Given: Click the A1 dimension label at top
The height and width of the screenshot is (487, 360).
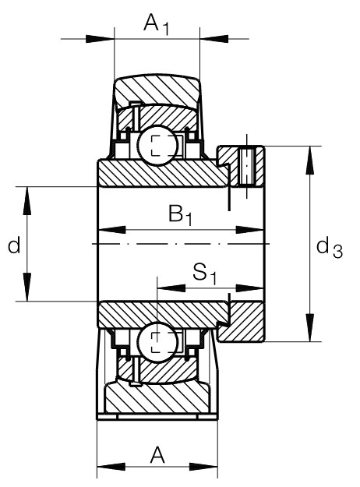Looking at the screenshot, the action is (157, 24).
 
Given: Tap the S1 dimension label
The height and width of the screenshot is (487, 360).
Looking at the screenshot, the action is (204, 273).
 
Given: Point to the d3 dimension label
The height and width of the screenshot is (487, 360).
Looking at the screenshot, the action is (330, 249).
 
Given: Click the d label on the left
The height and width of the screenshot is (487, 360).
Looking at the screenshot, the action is (14, 245).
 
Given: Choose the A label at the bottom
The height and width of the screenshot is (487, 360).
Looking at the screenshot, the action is (157, 455).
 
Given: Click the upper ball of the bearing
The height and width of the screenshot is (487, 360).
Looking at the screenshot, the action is (157, 146).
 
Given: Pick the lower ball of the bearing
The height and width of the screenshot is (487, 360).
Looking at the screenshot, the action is (157, 341).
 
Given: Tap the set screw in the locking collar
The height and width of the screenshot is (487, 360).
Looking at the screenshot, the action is (247, 167).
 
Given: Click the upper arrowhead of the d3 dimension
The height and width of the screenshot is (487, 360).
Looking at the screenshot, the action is (309, 161).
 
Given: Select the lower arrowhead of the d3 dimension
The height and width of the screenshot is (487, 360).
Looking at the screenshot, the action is (309, 328).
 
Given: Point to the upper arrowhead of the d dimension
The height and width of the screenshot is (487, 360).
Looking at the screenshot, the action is (27, 200).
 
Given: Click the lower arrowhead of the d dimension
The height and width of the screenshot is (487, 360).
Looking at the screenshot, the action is (27, 287).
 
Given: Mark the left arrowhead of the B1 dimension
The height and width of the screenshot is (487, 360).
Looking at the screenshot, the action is (112, 230).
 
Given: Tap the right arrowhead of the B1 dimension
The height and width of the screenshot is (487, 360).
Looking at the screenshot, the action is (250, 230).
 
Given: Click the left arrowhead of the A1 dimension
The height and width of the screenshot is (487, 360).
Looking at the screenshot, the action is (100, 39).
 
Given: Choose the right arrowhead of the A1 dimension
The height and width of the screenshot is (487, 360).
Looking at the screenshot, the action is (214, 39).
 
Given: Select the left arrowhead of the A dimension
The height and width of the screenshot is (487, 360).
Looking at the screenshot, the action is (111, 467).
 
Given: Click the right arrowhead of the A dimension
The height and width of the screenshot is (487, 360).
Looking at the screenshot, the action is (203, 467).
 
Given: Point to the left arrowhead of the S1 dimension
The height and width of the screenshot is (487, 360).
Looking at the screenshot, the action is (171, 288).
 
